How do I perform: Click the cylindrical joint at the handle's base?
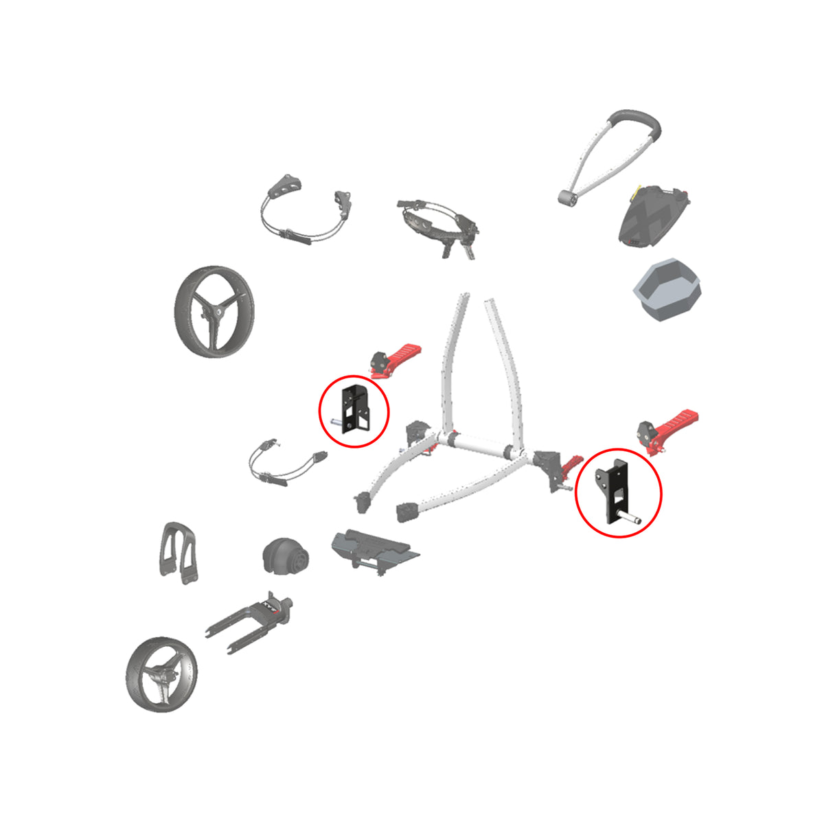566,199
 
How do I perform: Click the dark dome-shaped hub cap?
284,556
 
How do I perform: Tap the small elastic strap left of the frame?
287,463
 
